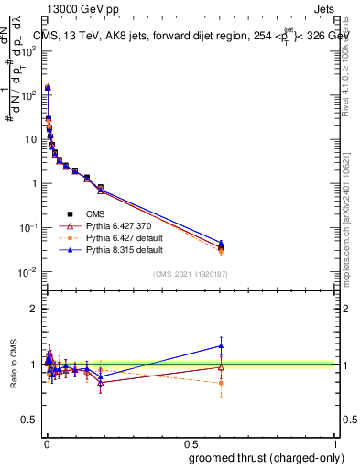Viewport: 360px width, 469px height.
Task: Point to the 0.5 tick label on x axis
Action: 191,442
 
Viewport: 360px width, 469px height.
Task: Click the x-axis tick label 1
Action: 336,442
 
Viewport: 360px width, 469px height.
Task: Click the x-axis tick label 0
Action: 45,442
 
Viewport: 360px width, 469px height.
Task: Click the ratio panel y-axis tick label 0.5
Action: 29,420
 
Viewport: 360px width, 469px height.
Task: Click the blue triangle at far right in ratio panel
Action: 220,345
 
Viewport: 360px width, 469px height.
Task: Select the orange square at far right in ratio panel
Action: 220,383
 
